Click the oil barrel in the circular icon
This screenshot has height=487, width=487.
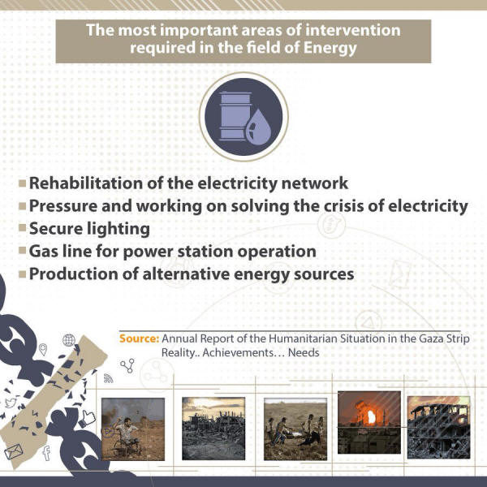[235, 116]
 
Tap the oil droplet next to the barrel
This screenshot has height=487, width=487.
[258, 127]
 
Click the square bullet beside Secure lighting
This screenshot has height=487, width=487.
[23, 227]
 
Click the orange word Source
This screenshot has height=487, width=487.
[140, 338]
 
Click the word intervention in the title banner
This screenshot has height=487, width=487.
[353, 31]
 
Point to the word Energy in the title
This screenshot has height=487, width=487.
[330, 49]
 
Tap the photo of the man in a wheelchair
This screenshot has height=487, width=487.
[133, 429]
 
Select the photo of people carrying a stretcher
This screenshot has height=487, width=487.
[295, 429]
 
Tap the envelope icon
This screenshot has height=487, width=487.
[13, 451]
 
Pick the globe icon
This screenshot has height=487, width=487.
[69, 340]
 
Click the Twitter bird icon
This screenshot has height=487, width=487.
[11, 403]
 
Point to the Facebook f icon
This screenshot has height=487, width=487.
[46, 453]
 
